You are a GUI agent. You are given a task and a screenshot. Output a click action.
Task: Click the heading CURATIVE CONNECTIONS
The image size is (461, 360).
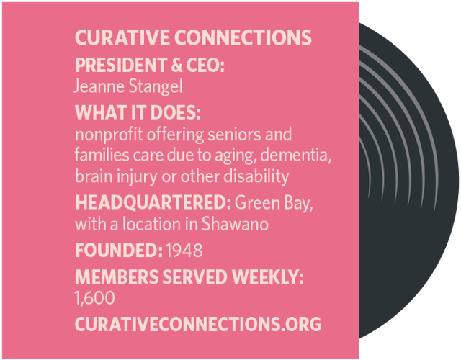coord(193,38)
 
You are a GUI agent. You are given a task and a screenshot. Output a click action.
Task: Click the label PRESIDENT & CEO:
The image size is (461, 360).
coord(150,66)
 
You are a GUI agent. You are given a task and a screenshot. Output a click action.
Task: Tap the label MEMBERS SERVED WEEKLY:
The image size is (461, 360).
coord(189,276)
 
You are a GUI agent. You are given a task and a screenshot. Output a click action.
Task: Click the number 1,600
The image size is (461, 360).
coord(94,297)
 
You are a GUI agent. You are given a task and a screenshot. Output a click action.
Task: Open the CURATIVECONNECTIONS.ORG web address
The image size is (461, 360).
coord(197,324)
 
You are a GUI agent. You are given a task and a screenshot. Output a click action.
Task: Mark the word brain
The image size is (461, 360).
coord(92,176)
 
